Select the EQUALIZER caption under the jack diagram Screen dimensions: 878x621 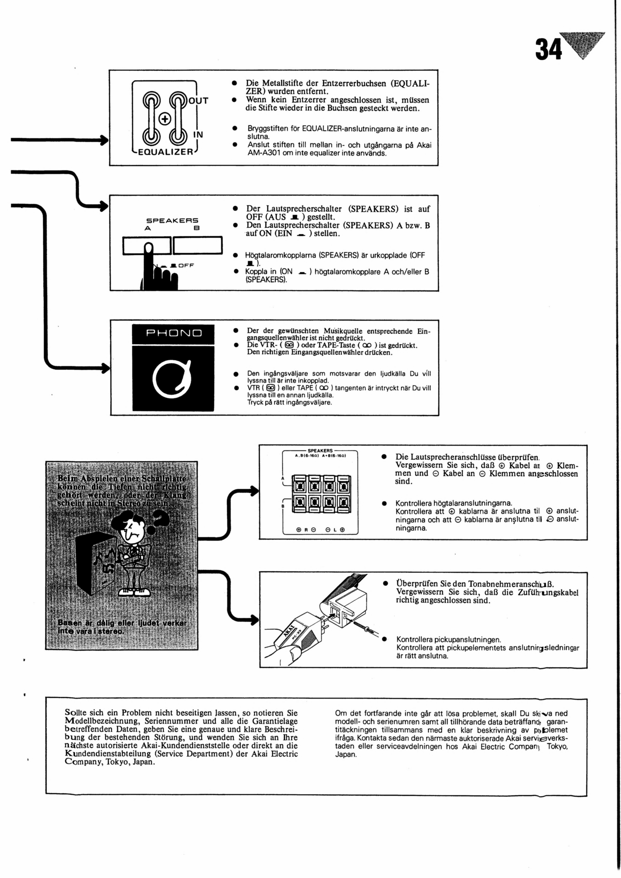tap(166, 152)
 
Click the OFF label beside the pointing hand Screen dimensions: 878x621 tap(186, 265)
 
